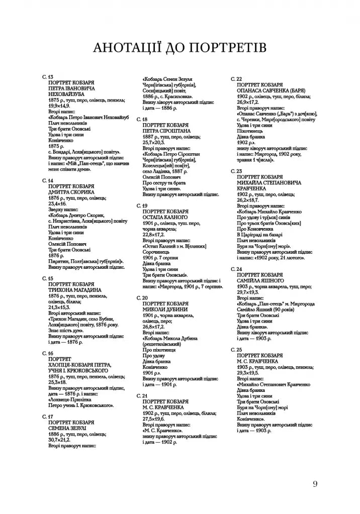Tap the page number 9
pyautogui.click(x=315, y=484)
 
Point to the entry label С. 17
pyautogui.click(x=47, y=417)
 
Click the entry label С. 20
pyautogui.click(x=142, y=297)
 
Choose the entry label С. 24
pyautogui.click(x=236, y=269)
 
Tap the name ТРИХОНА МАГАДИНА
pyautogui.click(x=75, y=290)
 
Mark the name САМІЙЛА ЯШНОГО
pyautogui.click(x=260, y=280)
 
